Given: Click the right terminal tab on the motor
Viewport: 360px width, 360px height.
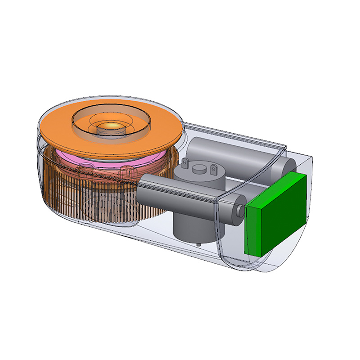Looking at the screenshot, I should (213, 169).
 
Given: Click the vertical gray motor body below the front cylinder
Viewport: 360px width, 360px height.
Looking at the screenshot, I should (187, 225).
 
